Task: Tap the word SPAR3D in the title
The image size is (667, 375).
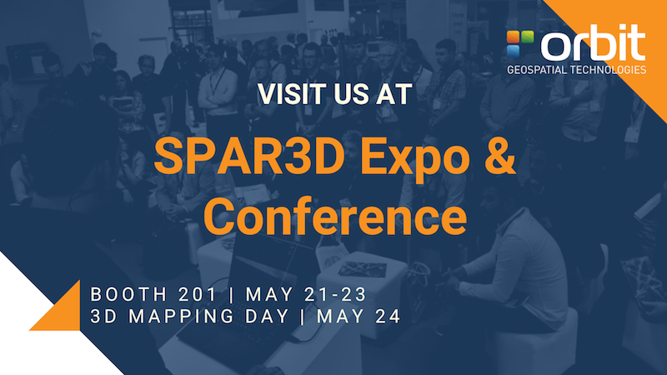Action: (249, 156)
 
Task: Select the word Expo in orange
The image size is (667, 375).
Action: (416, 158)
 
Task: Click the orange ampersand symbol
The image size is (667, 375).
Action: (499, 156)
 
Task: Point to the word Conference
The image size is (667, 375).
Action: (335, 216)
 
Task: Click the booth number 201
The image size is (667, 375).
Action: (198, 295)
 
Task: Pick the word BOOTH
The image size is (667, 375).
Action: (129, 295)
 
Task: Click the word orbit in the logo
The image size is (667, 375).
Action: (594, 42)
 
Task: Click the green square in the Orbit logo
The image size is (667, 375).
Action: (528, 37)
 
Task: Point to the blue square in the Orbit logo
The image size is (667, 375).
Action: (514, 51)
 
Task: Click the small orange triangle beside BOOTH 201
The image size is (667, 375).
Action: (63, 312)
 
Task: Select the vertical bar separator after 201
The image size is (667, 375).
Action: (232, 295)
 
